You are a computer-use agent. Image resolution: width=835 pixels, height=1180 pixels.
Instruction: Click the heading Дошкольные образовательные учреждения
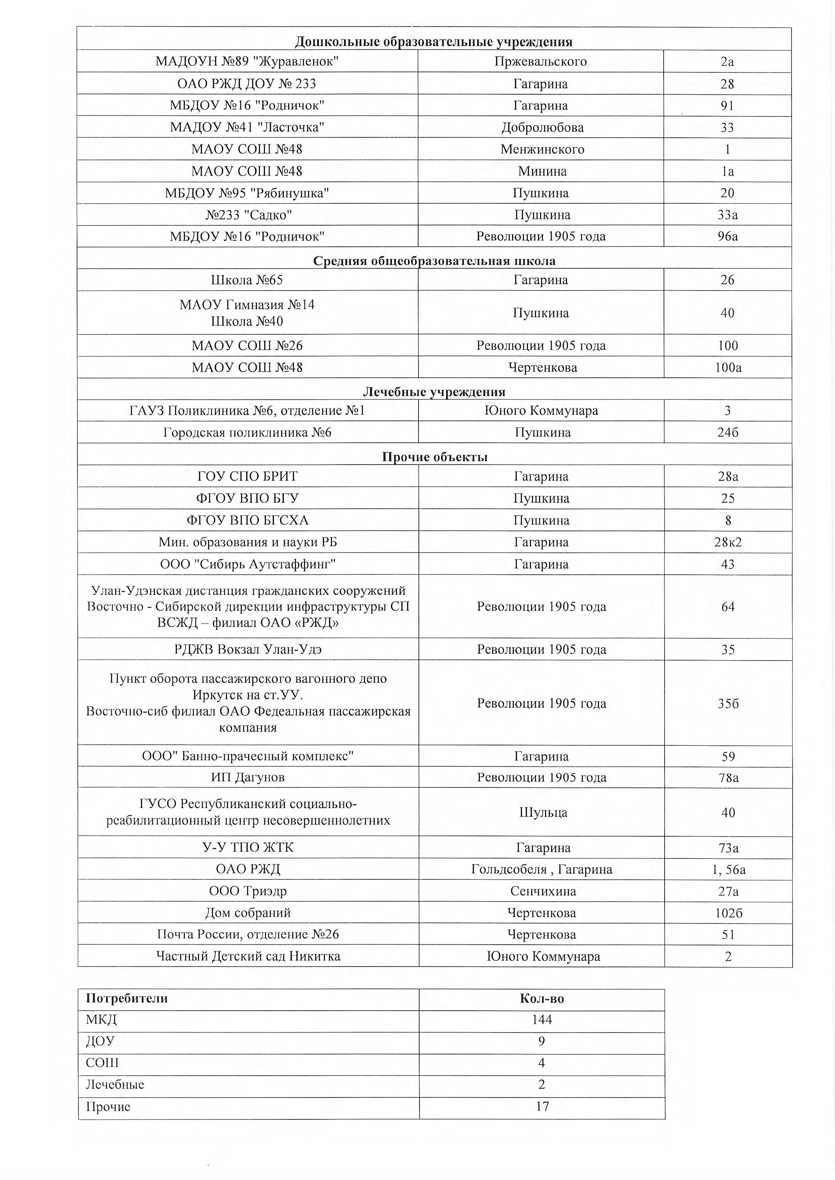(434, 42)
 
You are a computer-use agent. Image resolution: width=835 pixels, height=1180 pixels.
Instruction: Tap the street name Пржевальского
(540, 62)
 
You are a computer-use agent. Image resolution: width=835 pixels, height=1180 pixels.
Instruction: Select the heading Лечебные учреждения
(434, 392)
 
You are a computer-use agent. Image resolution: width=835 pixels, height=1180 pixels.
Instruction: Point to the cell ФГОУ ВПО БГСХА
(247, 521)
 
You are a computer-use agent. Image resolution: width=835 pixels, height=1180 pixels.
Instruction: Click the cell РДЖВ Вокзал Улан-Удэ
(248, 650)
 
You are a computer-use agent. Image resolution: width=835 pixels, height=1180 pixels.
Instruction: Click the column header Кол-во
(542, 999)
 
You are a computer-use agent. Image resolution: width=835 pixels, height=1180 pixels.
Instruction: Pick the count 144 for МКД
(542, 1020)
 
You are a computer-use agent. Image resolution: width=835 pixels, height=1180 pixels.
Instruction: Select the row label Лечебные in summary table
(115, 1085)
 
